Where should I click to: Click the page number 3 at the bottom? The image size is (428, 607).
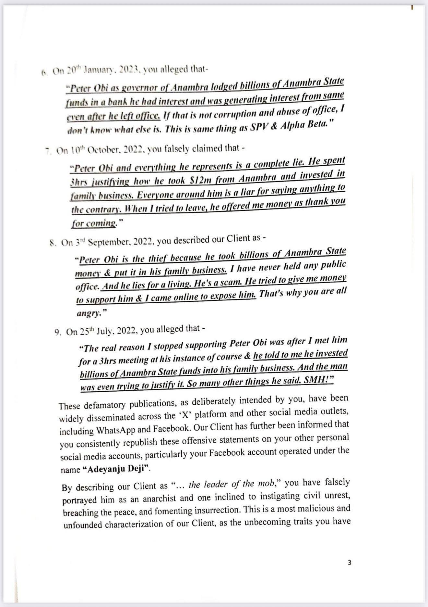tap(349, 563)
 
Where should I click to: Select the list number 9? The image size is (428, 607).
tap(57, 332)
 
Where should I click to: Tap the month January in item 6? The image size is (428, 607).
tap(97, 70)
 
